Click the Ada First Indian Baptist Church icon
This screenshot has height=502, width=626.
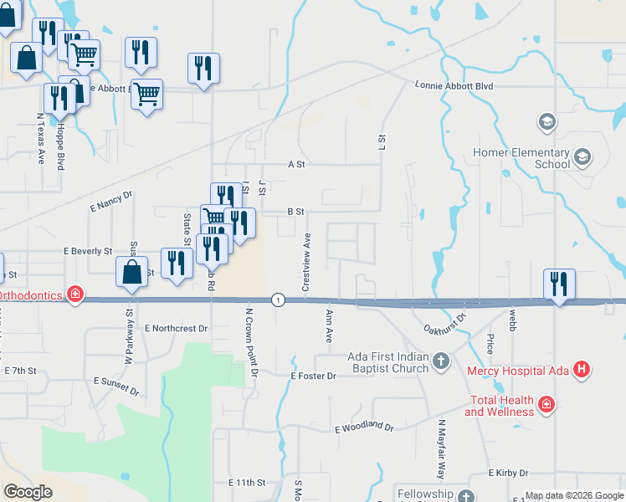pyautogui.click(x=441, y=361)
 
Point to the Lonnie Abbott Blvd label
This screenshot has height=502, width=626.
pyautogui.click(x=454, y=86)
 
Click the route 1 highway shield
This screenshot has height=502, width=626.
pyautogui.click(x=278, y=300)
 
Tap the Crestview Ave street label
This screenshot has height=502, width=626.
pyautogui.click(x=306, y=261)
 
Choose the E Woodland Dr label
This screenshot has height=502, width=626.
pyautogui.click(x=364, y=428)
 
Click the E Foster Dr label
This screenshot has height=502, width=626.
pyautogui.click(x=313, y=376)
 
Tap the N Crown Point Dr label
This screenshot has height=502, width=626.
pyautogui.click(x=249, y=341)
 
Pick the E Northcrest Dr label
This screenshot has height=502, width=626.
pyautogui.click(x=176, y=329)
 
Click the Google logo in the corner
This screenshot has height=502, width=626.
pyautogui.click(x=28, y=491)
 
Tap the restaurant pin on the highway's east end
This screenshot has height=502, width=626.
pyautogui.click(x=559, y=284)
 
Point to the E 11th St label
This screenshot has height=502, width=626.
pyautogui.click(x=247, y=483)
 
